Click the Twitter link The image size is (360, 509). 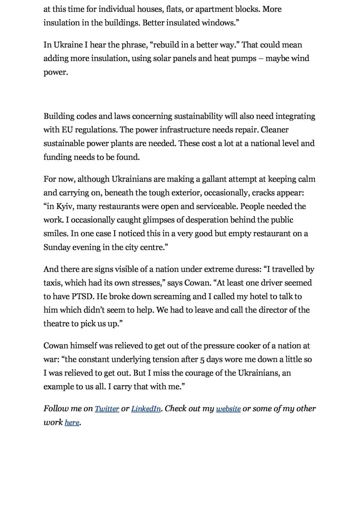pos(107,409)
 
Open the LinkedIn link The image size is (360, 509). pos(146,409)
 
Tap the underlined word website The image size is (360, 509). pos(228,409)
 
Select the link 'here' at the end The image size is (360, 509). pos(72,422)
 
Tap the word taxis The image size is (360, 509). pos(52,283)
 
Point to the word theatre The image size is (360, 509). pos(56,323)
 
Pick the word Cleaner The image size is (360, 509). pos(275,130)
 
